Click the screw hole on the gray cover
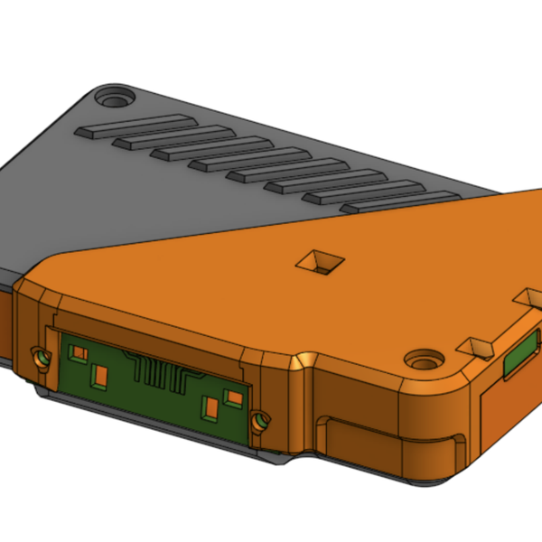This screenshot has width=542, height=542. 114,95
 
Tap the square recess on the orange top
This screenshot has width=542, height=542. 320,262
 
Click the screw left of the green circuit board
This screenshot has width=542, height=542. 42,358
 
